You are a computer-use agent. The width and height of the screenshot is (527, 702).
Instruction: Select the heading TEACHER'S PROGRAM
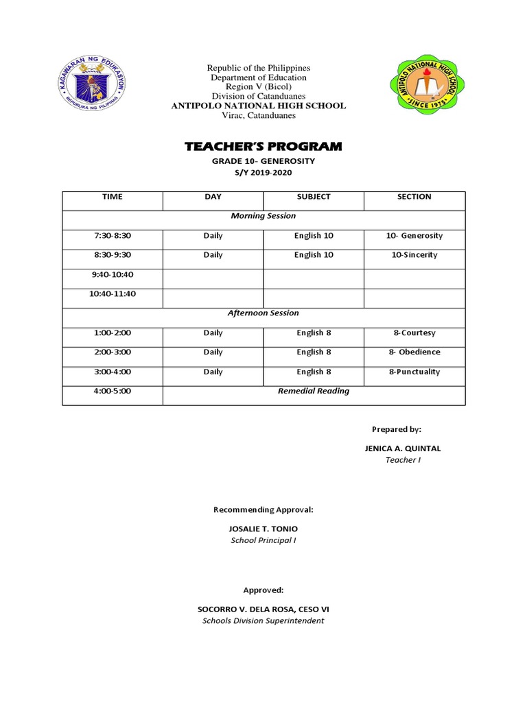tap(263, 147)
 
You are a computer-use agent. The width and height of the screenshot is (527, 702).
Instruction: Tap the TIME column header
tap(112, 197)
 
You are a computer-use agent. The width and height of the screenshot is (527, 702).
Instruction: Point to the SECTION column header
tap(414, 197)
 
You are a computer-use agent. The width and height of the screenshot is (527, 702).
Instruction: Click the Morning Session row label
tap(263, 216)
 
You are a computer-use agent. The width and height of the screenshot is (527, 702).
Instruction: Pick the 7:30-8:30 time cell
tap(112, 236)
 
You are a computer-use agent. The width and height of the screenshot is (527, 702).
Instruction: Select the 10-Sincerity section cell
tap(414, 255)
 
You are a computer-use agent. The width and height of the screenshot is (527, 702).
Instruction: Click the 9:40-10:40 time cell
tap(112, 274)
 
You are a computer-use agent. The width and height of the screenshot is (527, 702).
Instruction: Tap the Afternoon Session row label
tap(263, 313)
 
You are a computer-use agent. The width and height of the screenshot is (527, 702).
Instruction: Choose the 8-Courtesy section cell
tap(414, 333)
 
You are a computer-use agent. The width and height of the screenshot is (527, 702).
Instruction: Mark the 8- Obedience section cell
tap(414, 352)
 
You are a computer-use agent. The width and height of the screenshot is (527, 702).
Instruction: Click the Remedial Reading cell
tap(313, 391)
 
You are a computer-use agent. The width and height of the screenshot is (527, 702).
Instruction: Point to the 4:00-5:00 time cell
tap(112, 391)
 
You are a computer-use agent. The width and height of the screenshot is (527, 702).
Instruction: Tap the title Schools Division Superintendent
tap(263, 621)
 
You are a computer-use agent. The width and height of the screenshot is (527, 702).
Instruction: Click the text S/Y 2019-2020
tap(263, 173)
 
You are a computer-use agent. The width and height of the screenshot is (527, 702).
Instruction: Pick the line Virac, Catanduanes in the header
tap(259, 116)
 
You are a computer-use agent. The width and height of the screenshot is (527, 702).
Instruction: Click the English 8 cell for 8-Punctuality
tap(314, 372)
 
